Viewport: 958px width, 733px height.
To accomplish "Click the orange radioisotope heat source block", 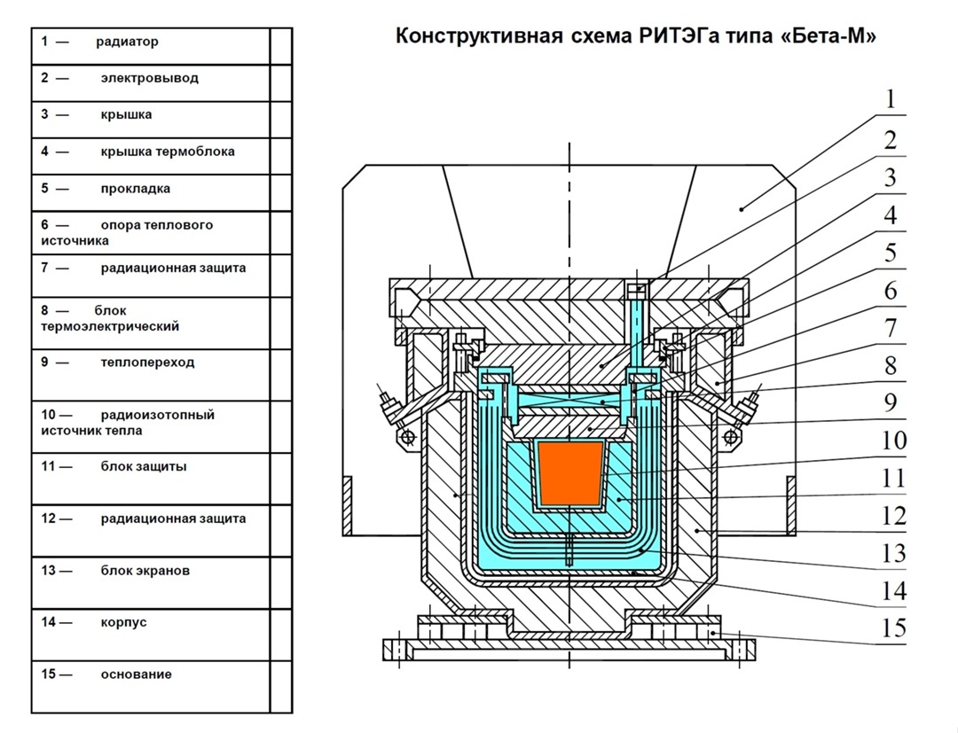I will pyautogui.click(x=570, y=475).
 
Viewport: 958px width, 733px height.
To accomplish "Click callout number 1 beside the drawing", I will pyautogui.click(x=891, y=98).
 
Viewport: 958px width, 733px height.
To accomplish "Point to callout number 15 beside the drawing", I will pyautogui.click(x=894, y=628).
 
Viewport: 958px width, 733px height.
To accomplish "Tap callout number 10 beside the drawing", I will pyautogui.click(x=894, y=441).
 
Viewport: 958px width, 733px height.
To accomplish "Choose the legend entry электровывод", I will pyautogui.click(x=149, y=78).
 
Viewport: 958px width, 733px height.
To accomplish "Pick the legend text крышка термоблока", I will pyautogui.click(x=167, y=152).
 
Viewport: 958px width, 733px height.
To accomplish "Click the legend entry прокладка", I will pyautogui.click(x=135, y=189).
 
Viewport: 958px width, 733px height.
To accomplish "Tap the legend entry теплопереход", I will pyautogui.click(x=147, y=363).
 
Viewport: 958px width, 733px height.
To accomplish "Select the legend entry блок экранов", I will pyautogui.click(x=145, y=571).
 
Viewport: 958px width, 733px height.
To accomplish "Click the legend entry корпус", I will pyautogui.click(x=123, y=622).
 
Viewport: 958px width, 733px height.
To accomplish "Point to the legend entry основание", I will pyautogui.click(x=136, y=675).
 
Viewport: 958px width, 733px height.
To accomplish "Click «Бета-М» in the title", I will pyautogui.click(x=827, y=37).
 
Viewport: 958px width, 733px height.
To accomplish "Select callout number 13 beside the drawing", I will pyautogui.click(x=894, y=553).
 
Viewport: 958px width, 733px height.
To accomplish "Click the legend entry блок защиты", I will pyautogui.click(x=143, y=467).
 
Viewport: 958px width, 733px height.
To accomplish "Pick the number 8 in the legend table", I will pyautogui.click(x=44, y=311).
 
